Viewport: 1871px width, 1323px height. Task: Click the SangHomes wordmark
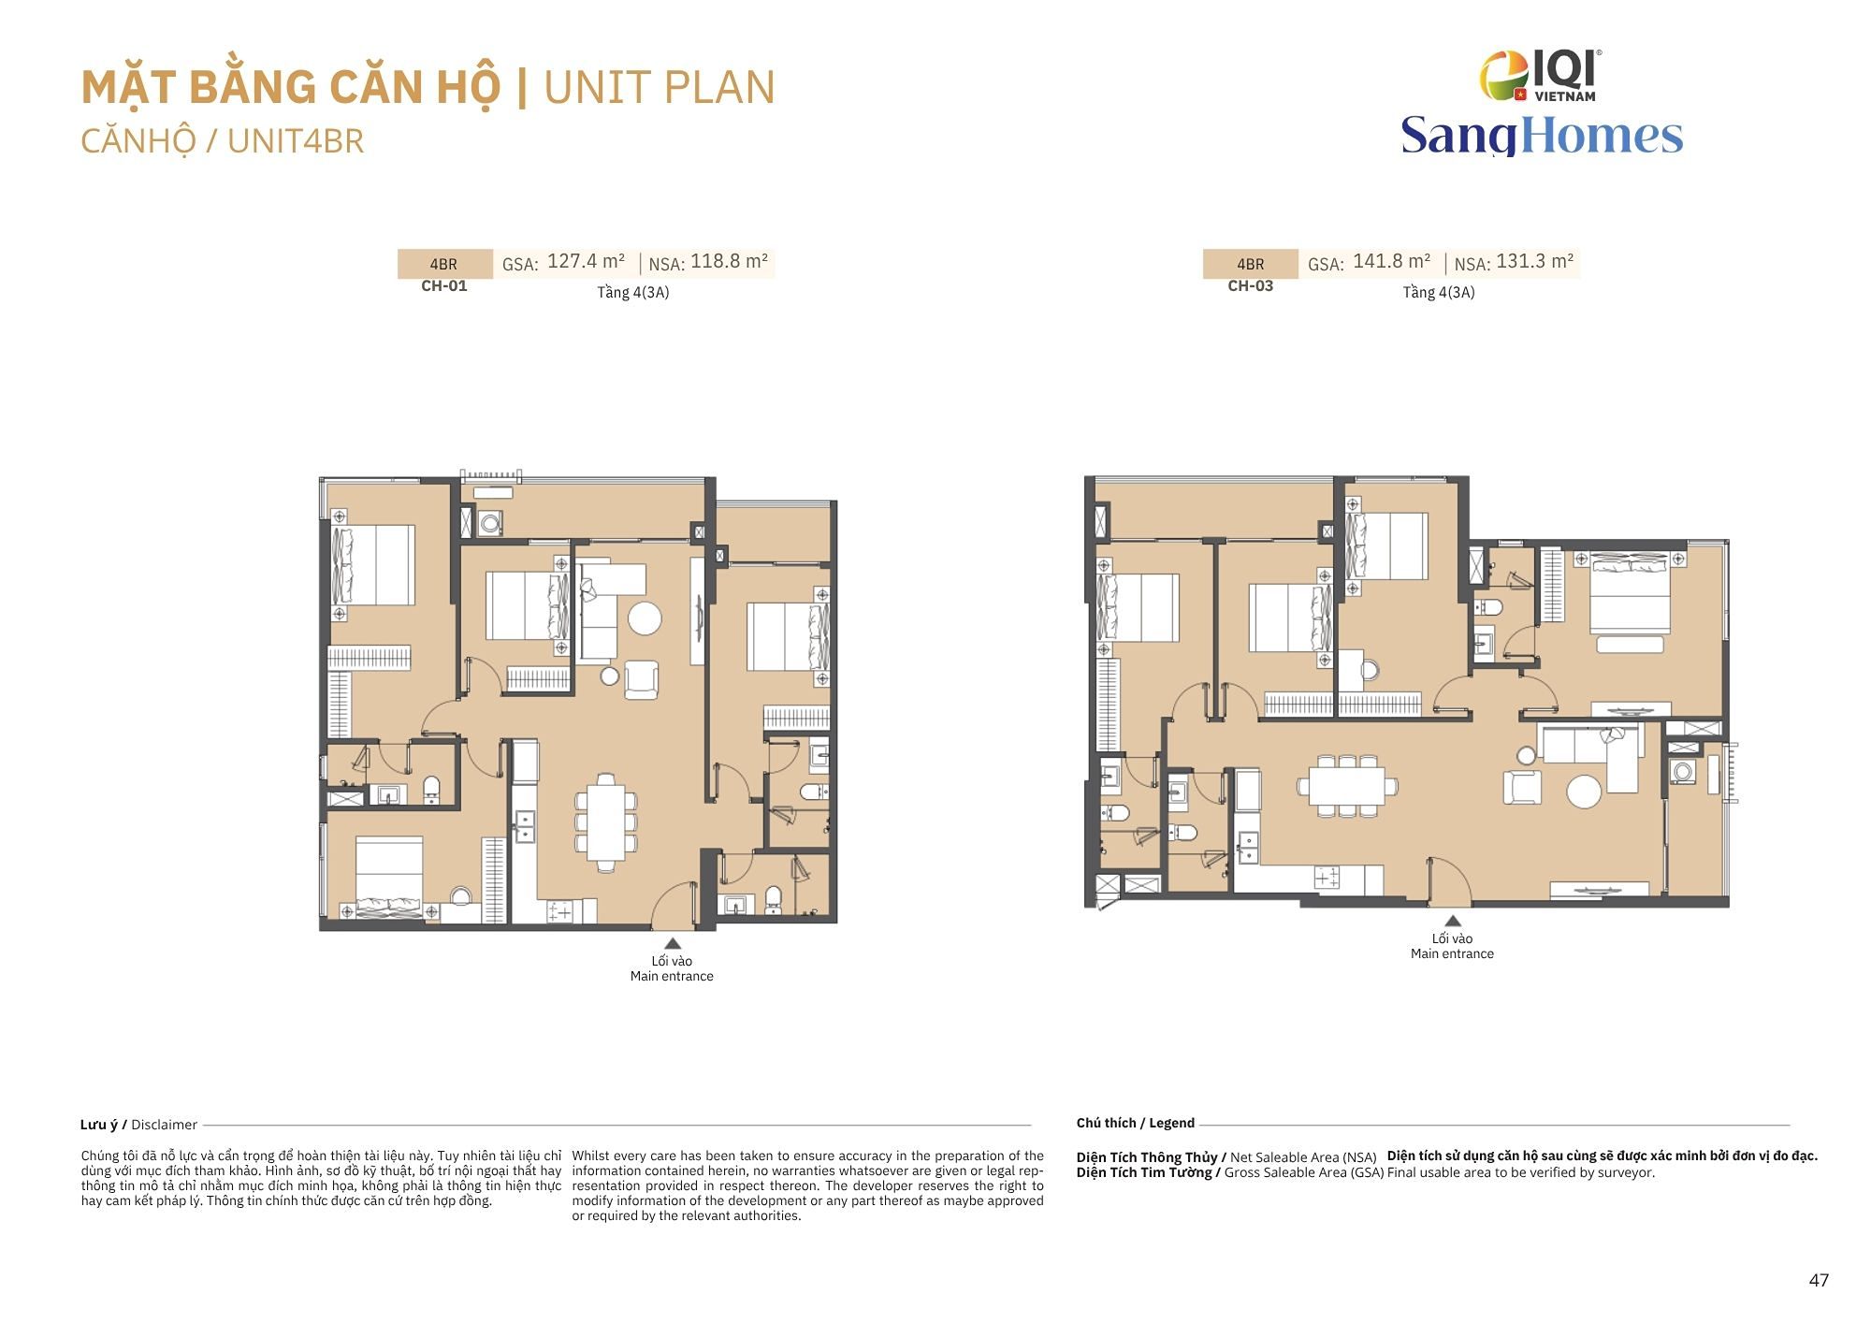(1542, 136)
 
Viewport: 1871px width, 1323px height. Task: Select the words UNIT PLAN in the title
(660, 88)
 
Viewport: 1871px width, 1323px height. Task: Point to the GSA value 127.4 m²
(586, 261)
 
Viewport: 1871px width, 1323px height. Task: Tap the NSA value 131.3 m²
(1535, 261)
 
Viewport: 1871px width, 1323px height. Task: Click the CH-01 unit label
(444, 285)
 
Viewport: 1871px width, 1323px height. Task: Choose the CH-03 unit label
(1251, 285)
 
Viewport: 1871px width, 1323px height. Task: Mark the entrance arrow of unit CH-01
(673, 943)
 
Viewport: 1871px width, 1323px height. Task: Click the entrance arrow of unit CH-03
(1452, 921)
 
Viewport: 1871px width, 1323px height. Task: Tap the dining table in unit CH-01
(607, 822)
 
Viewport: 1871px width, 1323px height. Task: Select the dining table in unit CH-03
(1347, 786)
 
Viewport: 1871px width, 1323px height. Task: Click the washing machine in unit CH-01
(490, 523)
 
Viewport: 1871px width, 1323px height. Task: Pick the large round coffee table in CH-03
(1584, 791)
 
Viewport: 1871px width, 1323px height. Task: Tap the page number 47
(1819, 1280)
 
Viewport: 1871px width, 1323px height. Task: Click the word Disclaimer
(165, 1125)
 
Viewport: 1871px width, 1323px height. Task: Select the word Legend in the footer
(1172, 1123)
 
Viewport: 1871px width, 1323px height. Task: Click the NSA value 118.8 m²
(729, 261)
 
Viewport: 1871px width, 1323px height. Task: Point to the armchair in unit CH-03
(1522, 786)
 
